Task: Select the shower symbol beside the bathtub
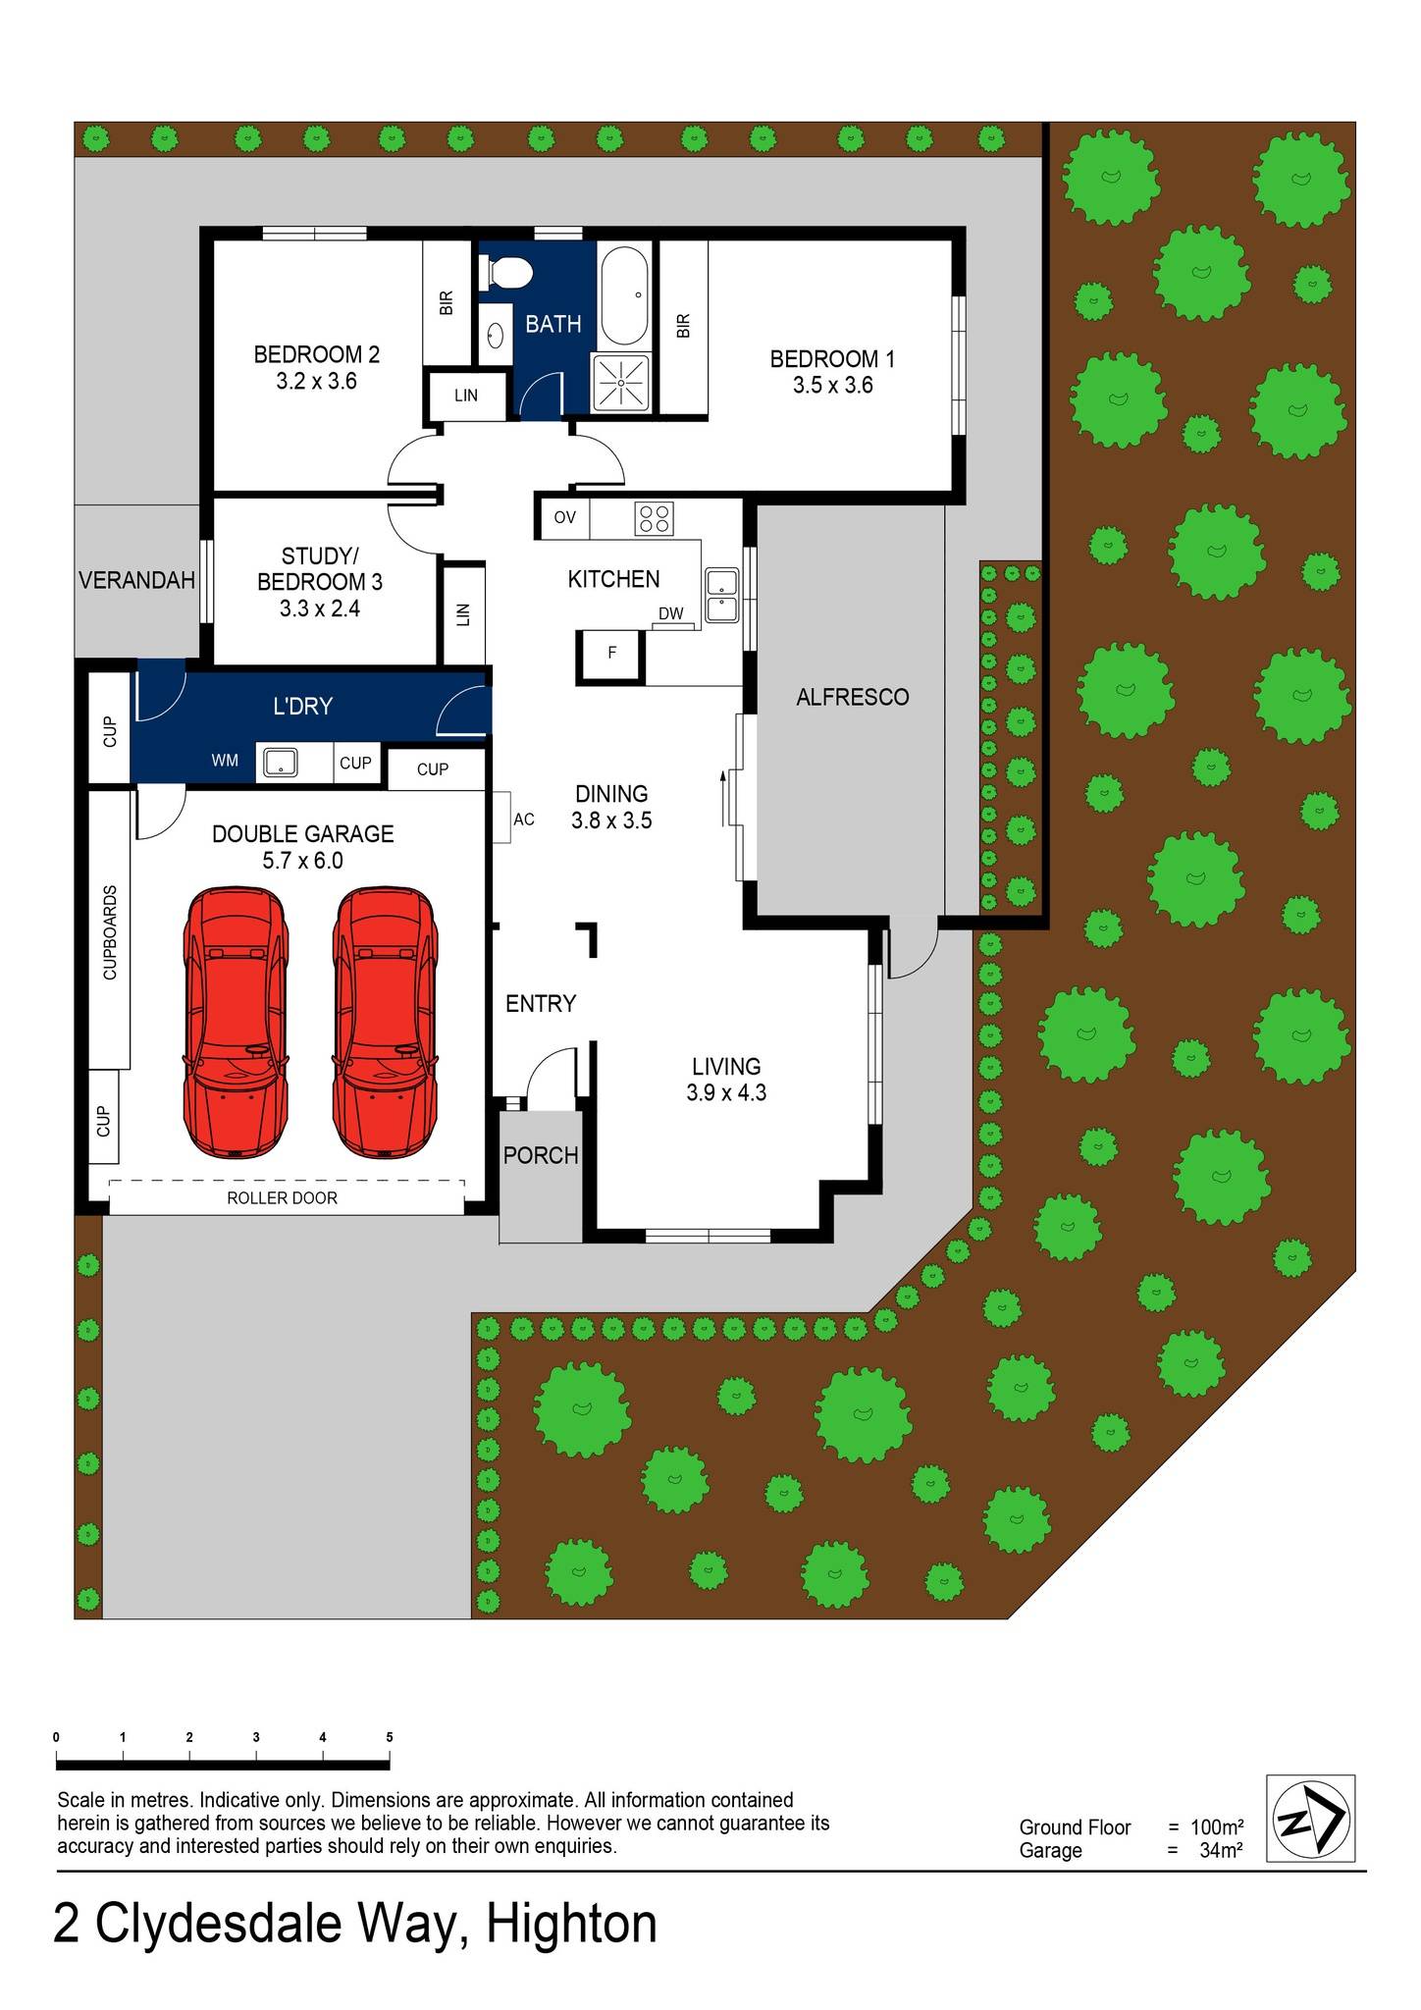point(620,380)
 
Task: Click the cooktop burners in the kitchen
point(655,517)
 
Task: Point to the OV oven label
point(564,517)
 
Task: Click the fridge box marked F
point(611,653)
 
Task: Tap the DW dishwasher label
point(671,614)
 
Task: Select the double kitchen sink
point(721,595)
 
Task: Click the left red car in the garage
point(236,1022)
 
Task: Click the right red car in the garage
point(384,1022)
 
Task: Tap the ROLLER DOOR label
point(282,1197)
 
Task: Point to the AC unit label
point(524,819)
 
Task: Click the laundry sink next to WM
point(281,762)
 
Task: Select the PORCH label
point(541,1156)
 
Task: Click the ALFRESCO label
point(852,697)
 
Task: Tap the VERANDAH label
point(136,580)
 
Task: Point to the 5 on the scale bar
point(390,1737)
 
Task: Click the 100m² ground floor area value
point(1217,1827)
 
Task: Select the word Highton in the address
point(571,1924)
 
